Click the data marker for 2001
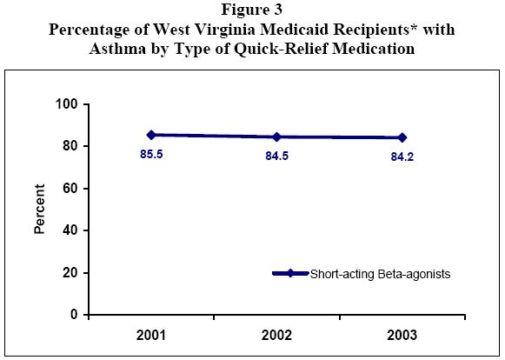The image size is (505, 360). [x=151, y=135]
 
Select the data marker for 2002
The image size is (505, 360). [x=276, y=137]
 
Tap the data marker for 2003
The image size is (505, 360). [x=402, y=137]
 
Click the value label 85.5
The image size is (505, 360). [x=151, y=157]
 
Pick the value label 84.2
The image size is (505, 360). [x=402, y=158]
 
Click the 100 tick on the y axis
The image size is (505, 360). [x=69, y=104]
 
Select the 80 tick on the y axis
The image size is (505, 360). [x=72, y=146]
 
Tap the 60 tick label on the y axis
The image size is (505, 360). [x=72, y=188]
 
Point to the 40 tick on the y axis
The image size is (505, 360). [x=72, y=230]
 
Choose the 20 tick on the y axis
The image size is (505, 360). [x=72, y=272]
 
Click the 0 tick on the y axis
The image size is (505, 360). [x=76, y=314]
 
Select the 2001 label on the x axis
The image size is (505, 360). [x=151, y=335]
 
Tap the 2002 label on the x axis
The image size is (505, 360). [x=276, y=335]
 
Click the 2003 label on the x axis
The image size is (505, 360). [x=402, y=335]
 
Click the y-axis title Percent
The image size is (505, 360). [x=39, y=210]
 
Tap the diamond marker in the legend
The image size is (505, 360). [x=290, y=273]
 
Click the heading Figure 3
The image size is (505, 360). [x=252, y=11]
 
